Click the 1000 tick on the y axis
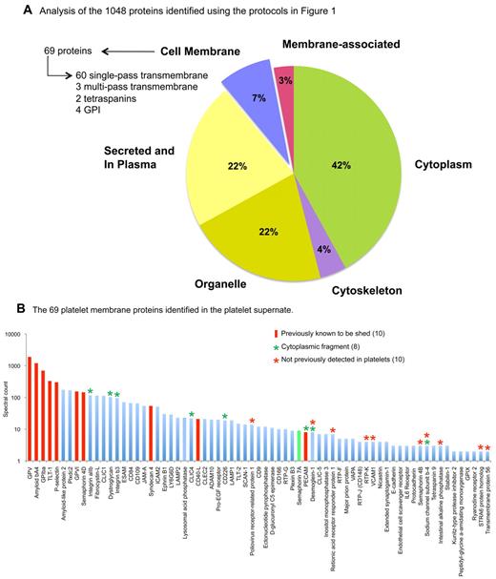(17, 366)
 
